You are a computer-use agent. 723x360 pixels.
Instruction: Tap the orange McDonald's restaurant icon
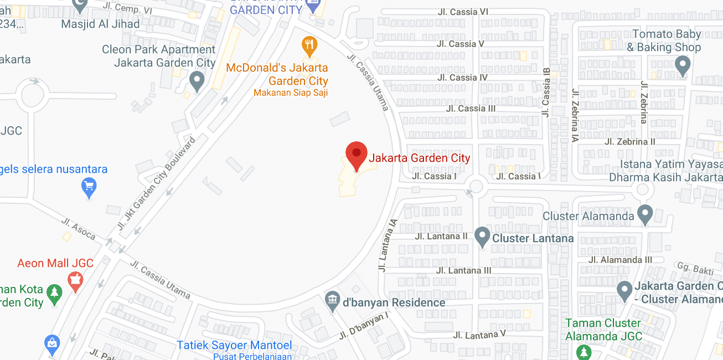pyautogui.click(x=309, y=45)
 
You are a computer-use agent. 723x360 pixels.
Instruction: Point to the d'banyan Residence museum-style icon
pyautogui.click(x=332, y=301)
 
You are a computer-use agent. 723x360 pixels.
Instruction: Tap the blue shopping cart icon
pyautogui.click(x=89, y=187)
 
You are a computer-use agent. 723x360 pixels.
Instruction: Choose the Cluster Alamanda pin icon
pyautogui.click(x=644, y=214)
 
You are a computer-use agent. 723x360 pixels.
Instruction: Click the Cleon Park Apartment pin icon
pyautogui.click(x=197, y=81)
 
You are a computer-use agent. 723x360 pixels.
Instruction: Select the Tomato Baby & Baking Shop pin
pyautogui.click(x=683, y=66)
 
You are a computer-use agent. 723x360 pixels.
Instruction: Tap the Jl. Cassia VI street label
pyautogui.click(x=463, y=12)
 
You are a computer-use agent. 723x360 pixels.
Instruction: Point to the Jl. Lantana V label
pyautogui.click(x=479, y=335)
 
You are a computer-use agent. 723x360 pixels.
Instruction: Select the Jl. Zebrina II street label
pyautogui.click(x=630, y=142)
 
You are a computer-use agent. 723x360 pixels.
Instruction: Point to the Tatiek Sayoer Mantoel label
pyautogui.click(x=234, y=346)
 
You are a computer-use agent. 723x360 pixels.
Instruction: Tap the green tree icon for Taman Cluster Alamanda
pyautogui.click(x=583, y=351)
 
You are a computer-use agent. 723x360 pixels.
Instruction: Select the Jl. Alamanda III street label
pyautogui.click(x=620, y=260)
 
